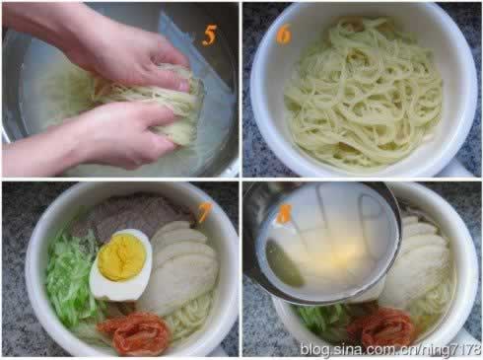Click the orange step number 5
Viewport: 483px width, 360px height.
click(x=209, y=35)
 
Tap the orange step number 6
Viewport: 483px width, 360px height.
click(x=283, y=35)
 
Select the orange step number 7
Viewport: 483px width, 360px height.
click(x=204, y=212)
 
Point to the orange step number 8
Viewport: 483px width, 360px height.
click(x=285, y=213)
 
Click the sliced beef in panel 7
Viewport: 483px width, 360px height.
click(x=131, y=212)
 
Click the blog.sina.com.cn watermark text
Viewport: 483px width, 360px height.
click(x=390, y=349)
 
